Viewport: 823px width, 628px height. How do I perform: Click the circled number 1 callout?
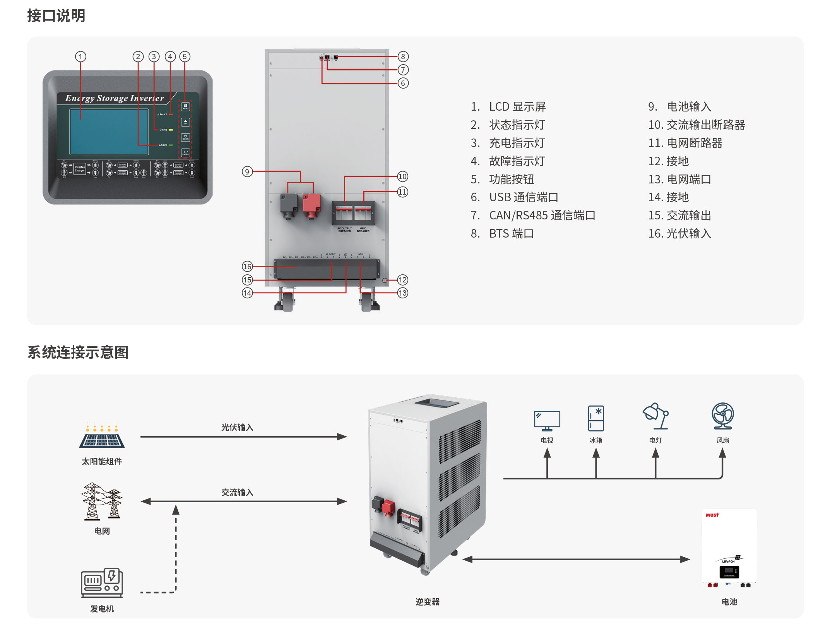pos(80,57)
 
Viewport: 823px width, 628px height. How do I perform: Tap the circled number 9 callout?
pos(247,171)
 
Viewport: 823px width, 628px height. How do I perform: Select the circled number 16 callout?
pos(247,266)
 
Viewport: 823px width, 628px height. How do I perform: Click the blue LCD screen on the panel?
pos(109,132)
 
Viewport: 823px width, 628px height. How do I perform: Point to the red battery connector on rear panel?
pos(311,205)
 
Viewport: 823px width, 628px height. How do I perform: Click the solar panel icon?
pos(102,436)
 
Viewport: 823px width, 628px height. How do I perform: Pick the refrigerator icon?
pos(596,418)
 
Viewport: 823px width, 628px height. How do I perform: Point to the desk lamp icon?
pos(656,416)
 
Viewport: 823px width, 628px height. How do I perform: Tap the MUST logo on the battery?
pos(712,515)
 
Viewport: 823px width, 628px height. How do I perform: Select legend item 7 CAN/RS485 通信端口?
pos(533,216)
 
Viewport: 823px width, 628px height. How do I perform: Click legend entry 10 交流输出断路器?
pos(696,125)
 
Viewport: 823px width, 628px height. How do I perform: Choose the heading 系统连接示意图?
pos(78,353)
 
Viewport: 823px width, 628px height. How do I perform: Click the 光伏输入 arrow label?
pos(237,428)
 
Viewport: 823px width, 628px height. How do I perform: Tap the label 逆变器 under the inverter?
pos(428,602)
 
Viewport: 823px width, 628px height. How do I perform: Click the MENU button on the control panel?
pos(186,107)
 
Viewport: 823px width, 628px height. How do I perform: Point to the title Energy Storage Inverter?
pos(115,98)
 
